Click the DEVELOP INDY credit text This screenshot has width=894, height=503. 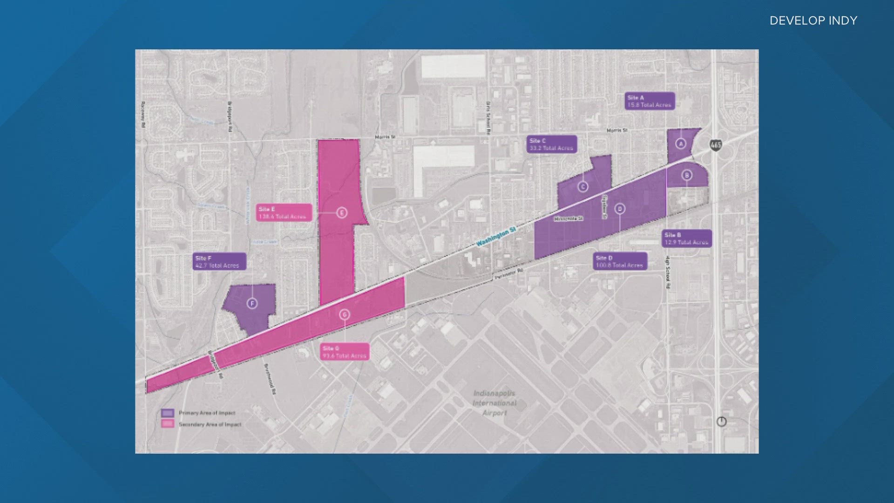tap(813, 20)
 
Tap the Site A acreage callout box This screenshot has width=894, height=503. tap(649, 101)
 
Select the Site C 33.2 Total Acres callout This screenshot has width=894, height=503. tap(552, 144)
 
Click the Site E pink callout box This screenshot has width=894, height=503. tap(283, 212)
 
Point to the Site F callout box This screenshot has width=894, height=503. tap(219, 261)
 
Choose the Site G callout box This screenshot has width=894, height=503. tap(345, 352)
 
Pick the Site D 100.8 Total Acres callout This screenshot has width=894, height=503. tap(620, 261)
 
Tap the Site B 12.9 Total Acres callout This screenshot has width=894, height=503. tap(686, 238)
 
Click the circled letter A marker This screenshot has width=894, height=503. tap(681, 143)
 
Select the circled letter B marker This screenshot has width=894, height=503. tap(687, 175)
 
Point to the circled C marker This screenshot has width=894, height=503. tap(583, 187)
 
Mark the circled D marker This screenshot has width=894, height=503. tap(620, 209)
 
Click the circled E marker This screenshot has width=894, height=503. tap(342, 213)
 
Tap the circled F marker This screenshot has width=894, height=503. tap(252, 304)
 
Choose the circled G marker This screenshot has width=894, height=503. tap(345, 314)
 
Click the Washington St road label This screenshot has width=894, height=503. tap(496, 237)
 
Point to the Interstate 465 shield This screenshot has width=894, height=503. tap(716, 145)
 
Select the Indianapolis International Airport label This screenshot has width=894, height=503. tap(494, 403)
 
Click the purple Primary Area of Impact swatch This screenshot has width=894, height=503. tap(168, 413)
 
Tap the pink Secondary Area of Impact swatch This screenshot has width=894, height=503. tap(168, 424)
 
